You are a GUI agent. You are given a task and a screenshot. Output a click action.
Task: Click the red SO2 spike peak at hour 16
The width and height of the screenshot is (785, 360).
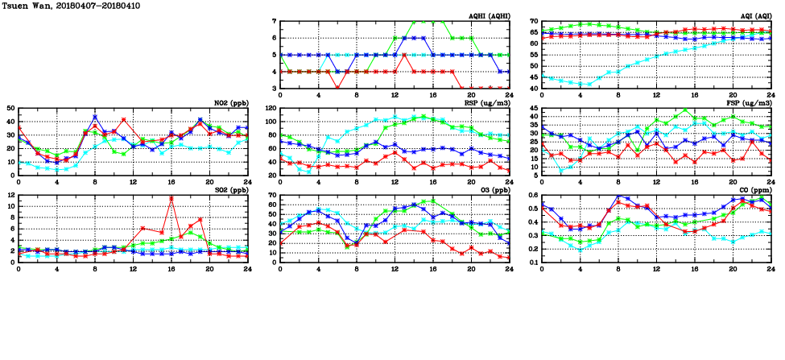coord(171,198)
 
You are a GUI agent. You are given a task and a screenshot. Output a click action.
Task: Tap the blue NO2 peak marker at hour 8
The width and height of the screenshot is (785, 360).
coord(95,117)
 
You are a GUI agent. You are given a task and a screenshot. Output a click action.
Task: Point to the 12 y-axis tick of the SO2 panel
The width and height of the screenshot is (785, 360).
coord(10,195)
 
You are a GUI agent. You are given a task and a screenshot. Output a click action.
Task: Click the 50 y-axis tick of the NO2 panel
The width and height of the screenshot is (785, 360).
coord(10,108)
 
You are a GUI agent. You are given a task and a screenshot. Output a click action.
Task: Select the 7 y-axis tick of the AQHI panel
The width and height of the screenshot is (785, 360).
coord(275,21)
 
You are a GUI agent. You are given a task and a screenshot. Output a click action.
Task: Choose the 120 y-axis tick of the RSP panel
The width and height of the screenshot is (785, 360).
coord(271,108)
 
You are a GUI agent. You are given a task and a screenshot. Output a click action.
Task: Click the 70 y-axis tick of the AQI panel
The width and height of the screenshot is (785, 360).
coord(534,21)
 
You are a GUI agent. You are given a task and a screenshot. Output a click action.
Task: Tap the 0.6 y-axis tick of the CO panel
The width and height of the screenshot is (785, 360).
coord(532,195)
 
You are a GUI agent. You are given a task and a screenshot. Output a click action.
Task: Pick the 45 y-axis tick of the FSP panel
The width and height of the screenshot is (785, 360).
coord(534,114)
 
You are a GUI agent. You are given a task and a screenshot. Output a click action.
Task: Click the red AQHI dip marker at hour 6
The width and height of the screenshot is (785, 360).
coord(337,88)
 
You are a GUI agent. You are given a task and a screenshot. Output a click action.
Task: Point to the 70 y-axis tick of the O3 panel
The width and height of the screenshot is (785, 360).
coord(272,195)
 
